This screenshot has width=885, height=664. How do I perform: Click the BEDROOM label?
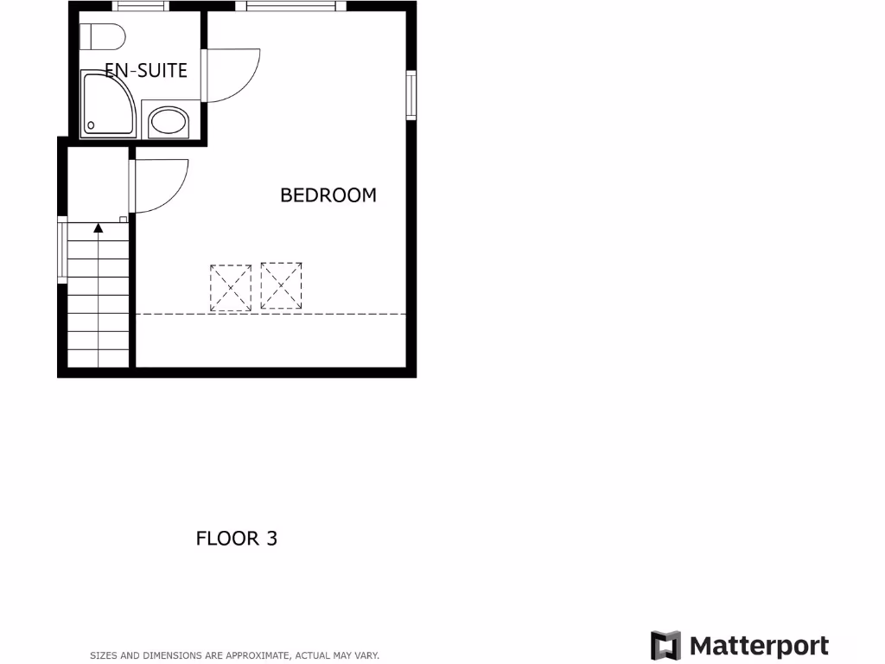328,195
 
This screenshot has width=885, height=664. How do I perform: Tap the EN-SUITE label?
146,71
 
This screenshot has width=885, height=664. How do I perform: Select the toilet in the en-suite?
102,37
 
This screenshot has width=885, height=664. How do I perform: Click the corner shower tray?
106,105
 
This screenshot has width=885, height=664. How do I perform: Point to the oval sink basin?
169,122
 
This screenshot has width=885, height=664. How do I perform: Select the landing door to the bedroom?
160,187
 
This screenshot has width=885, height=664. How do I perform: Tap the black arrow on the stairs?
99,227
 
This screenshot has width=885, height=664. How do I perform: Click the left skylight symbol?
231,288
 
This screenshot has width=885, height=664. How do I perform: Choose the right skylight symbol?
282,286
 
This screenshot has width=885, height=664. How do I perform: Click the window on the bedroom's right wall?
412,94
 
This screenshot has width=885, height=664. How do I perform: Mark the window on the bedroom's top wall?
290,6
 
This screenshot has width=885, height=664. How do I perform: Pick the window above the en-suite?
140,6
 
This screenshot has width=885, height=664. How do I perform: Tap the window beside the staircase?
61,250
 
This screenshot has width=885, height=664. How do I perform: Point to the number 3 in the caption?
271,539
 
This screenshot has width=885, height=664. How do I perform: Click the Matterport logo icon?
665,646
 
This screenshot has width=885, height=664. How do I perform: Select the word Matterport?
759,646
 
